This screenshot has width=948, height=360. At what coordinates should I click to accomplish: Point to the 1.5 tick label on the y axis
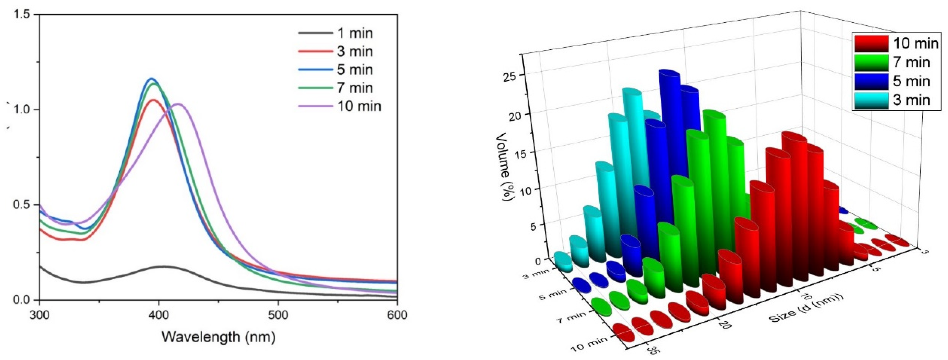23,15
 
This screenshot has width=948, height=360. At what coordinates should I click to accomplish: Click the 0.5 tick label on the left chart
23,205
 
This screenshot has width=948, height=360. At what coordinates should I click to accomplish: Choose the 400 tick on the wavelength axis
159,315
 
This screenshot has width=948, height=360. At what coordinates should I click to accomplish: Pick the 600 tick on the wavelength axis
397,315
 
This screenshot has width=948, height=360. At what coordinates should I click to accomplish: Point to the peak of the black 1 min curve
162,266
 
